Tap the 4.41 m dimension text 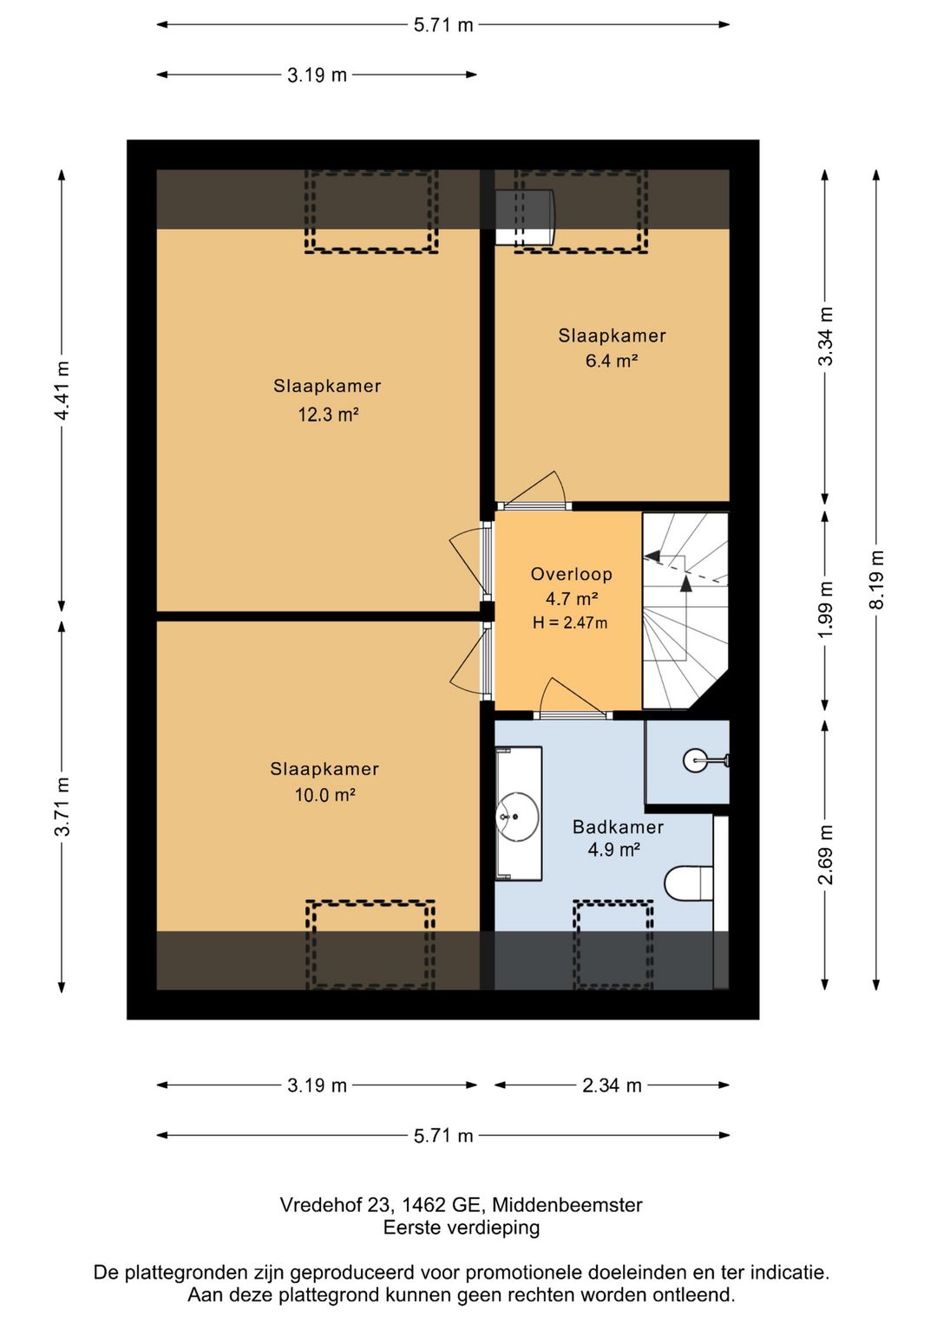(x=62, y=390)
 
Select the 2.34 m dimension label (x=612, y=1085)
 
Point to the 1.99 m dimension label (x=827, y=609)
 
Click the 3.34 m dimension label (x=827, y=336)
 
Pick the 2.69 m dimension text (x=827, y=855)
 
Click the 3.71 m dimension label (x=62, y=806)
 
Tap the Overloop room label (x=571, y=573)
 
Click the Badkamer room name (x=618, y=826)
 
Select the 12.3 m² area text (x=329, y=414)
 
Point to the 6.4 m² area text (x=612, y=361)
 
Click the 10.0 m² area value (x=325, y=795)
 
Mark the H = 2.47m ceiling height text (x=570, y=622)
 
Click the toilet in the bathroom (x=689, y=883)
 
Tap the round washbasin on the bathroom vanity (x=517, y=816)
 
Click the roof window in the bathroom (x=613, y=944)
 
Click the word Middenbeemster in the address (x=567, y=1204)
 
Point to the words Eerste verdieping (x=462, y=1228)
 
